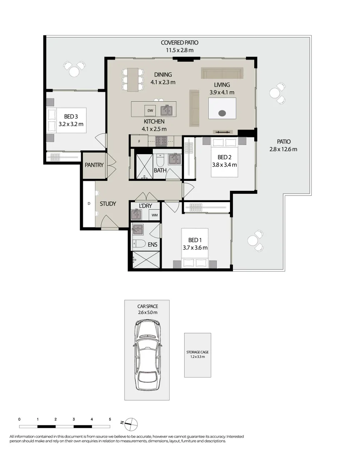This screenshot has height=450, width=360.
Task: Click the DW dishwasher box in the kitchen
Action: [150, 110]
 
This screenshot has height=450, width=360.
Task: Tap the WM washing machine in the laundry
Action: [154, 215]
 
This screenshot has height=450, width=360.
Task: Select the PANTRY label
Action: [94, 165]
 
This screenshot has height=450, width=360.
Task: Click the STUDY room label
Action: [107, 204]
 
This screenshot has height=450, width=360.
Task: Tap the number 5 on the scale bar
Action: [110, 419]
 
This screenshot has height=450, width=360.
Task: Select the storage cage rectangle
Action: [197, 355]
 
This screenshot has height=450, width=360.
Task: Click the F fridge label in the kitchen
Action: [140, 142]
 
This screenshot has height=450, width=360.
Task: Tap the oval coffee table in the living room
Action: [222, 112]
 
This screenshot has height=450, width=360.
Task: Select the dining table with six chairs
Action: [133, 79]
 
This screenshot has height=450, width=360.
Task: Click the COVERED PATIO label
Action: [180, 42]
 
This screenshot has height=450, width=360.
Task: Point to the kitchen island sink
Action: [167, 110]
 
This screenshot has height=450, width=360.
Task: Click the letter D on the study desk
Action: [89, 204]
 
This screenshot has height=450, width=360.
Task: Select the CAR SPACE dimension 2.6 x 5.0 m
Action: [147, 312]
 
